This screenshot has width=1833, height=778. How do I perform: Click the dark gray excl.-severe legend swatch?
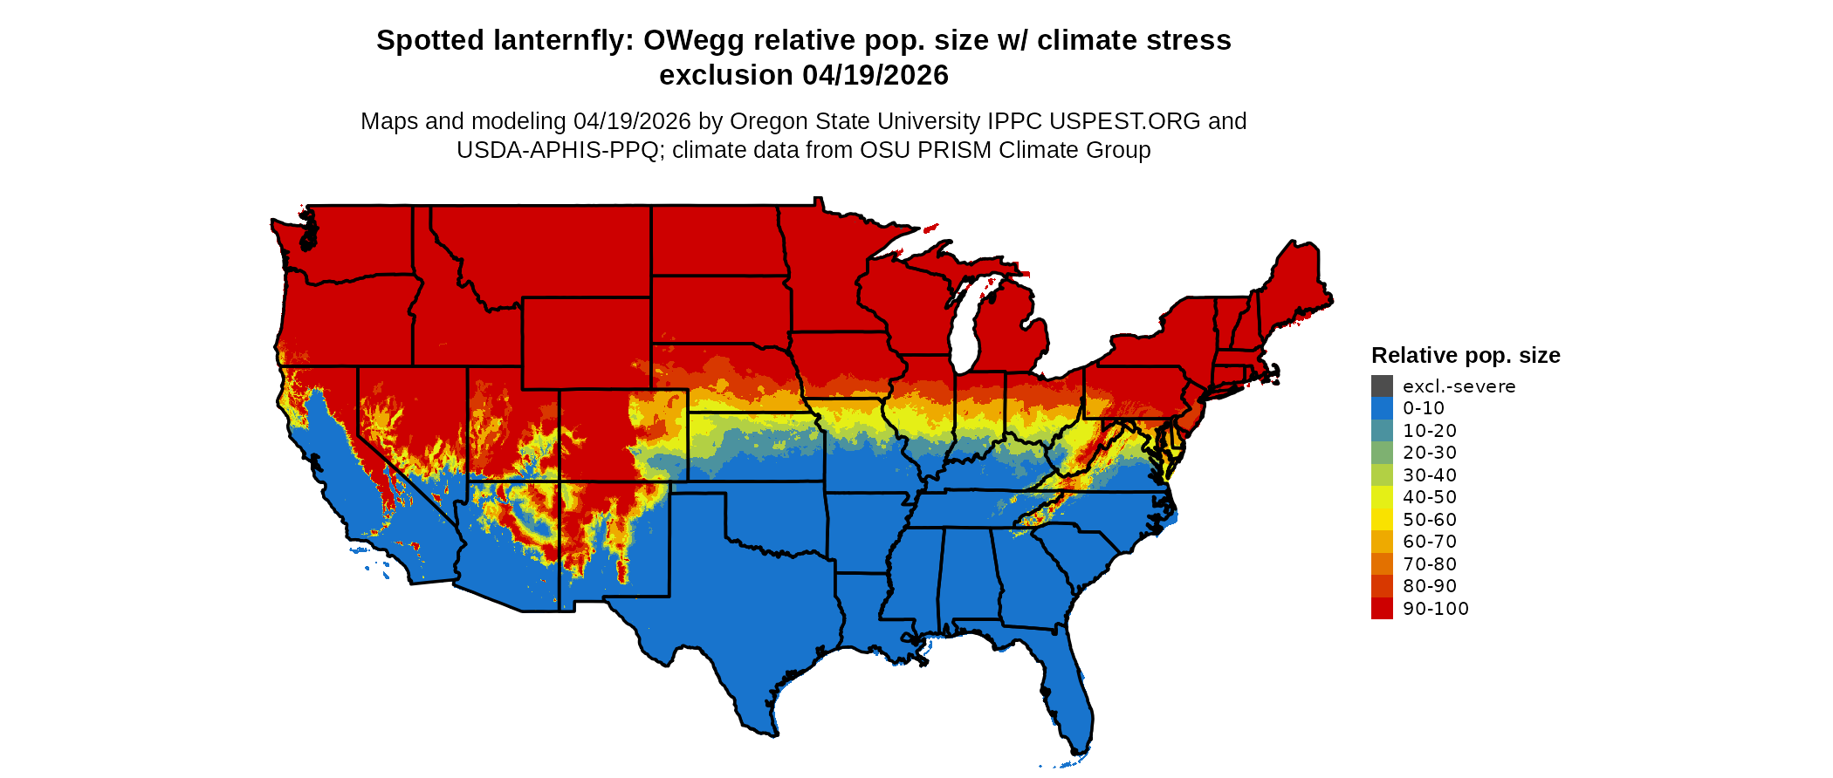tap(1382, 386)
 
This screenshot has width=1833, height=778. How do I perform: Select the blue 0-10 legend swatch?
tap(1382, 408)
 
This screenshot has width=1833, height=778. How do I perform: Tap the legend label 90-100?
tap(1435, 609)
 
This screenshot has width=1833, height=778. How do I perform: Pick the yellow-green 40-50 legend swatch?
tap(1382, 497)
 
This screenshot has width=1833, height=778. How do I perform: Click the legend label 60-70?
tap(1430, 542)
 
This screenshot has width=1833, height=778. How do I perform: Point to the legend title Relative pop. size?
tap(1466, 356)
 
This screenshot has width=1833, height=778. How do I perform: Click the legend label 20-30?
tap(1430, 453)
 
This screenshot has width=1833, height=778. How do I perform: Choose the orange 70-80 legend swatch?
tap(1382, 564)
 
